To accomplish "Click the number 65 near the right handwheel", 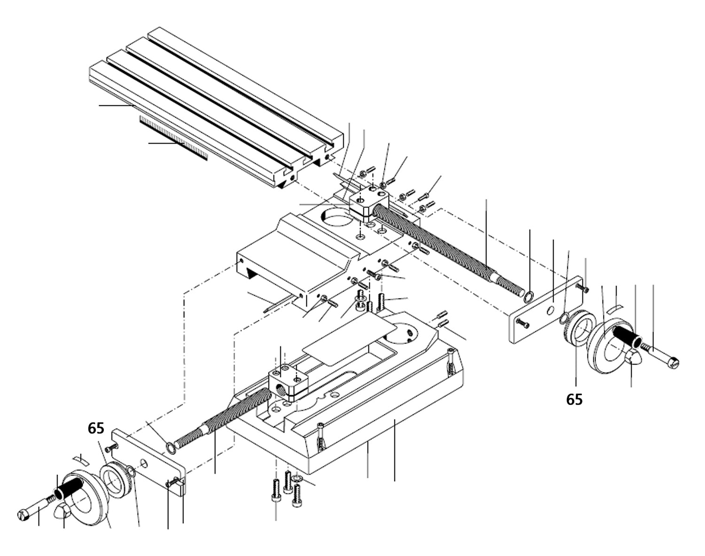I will (574, 399).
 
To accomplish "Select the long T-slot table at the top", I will (211, 108).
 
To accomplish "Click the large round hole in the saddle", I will (337, 218).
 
